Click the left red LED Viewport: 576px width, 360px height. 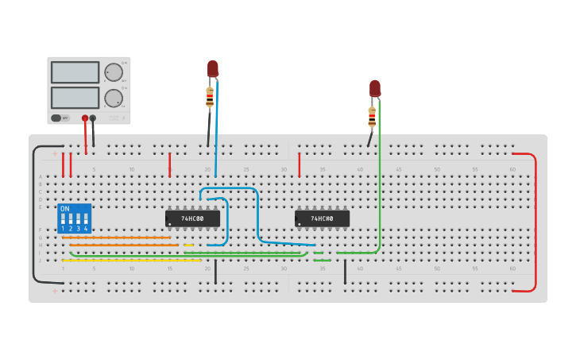pos(213,69)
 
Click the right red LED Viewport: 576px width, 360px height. pos(375,88)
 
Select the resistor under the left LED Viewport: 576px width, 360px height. pos(210,97)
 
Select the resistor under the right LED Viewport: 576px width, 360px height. pos(372,117)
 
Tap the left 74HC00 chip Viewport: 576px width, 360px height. pos(192,218)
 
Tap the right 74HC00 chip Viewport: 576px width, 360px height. pos(322,218)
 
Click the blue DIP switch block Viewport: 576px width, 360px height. pos(75,219)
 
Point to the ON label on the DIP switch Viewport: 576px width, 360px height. pos(64,209)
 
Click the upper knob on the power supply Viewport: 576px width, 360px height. pos(114,72)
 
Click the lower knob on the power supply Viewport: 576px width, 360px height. pos(114,99)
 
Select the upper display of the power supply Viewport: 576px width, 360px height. pos(75,72)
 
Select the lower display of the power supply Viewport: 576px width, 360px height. pos(75,98)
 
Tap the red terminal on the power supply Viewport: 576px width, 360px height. pos(85,118)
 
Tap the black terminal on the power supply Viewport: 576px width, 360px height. pos(93,118)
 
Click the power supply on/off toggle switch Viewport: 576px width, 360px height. pos(56,118)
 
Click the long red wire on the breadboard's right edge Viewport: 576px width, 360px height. pos(535,223)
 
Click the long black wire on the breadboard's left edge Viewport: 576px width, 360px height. pos(33,215)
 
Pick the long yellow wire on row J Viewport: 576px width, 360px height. pos(131,260)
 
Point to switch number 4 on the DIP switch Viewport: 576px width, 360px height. pos(86,219)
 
